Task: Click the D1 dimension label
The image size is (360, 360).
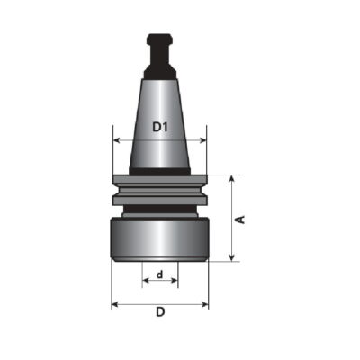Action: [159, 127]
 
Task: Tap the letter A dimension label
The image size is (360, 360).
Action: [240, 220]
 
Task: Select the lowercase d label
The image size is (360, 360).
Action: [160, 274]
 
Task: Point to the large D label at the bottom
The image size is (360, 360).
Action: [160, 312]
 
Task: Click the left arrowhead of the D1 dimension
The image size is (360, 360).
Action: [117, 140]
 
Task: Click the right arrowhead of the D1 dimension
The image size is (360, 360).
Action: [203, 140]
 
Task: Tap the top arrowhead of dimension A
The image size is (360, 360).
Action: [231, 179]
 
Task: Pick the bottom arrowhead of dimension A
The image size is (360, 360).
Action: [231, 257]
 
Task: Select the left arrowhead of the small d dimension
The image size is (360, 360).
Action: [146, 281]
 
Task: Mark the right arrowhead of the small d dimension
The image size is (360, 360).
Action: [175, 281]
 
